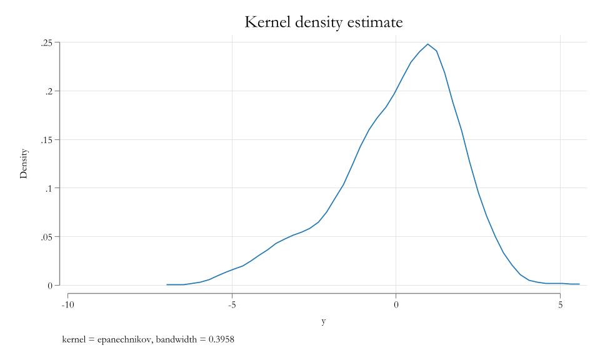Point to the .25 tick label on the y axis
point(46,42)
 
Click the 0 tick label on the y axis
point(49,286)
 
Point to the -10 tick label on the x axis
point(67,305)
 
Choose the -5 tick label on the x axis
point(232,305)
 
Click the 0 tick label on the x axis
point(396,305)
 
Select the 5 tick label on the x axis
point(560,305)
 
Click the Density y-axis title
point(24,164)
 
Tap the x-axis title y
point(323,321)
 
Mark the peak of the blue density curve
point(427,44)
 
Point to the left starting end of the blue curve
point(167,284)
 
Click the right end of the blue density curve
point(579,284)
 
